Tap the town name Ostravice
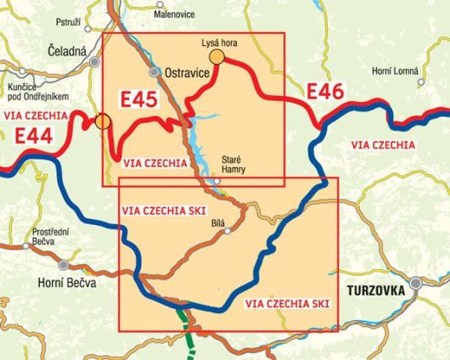(x=186, y=73)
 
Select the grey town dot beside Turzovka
(x=416, y=284)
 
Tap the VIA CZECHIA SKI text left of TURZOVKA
(x=286, y=303)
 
